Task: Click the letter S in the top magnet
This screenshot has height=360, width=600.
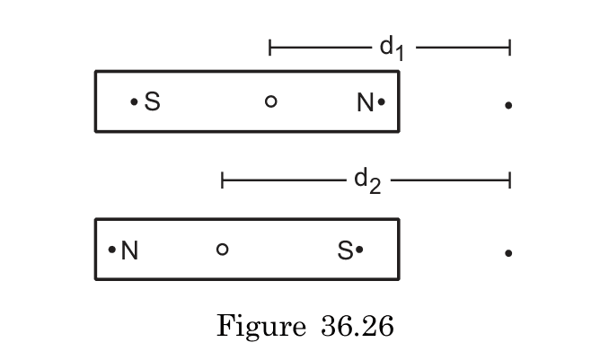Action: click(x=152, y=102)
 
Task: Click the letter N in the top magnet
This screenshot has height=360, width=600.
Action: click(x=365, y=103)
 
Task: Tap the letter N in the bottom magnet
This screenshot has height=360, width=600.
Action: click(x=129, y=250)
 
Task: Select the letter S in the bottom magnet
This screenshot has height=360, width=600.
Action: click(x=345, y=251)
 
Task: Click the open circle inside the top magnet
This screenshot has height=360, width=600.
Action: click(x=270, y=101)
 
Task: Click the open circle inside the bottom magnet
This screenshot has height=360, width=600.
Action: click(x=223, y=249)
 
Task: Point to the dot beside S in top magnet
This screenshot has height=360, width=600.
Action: click(x=135, y=102)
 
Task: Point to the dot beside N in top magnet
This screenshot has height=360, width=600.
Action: click(x=382, y=102)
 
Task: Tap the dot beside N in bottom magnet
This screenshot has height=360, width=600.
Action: click(x=112, y=250)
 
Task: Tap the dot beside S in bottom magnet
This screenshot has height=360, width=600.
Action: click(x=359, y=250)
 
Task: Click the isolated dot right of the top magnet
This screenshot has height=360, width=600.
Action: click(x=508, y=106)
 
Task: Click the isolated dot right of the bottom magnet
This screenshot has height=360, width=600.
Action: click(x=508, y=253)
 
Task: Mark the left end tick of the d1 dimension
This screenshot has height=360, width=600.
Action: click(x=270, y=47)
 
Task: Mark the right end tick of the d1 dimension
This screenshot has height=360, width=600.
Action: click(x=509, y=47)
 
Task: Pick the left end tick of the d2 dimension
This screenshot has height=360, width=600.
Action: click(x=222, y=180)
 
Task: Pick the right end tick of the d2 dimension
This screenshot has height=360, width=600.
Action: click(x=509, y=180)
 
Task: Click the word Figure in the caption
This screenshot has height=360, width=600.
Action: click(x=260, y=325)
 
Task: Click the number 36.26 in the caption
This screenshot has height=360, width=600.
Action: click(x=356, y=325)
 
